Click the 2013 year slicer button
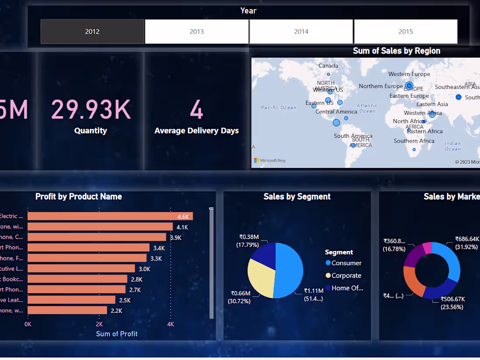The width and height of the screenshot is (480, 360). (197, 31)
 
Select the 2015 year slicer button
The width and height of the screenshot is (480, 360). (405, 31)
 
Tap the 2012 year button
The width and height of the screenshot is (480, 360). (93, 31)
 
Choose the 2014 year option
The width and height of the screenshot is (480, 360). (301, 31)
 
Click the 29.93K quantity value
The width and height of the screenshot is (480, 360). (91, 110)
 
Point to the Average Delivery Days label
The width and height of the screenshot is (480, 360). (196, 130)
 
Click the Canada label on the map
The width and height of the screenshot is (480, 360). (328, 65)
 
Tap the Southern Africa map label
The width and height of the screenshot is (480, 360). (414, 141)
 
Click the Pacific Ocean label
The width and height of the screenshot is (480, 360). (278, 107)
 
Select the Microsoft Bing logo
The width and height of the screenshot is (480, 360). (270, 160)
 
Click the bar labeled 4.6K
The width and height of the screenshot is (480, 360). (110, 216)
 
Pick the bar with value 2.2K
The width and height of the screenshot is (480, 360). (67, 310)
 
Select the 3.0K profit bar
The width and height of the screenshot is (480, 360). (81, 268)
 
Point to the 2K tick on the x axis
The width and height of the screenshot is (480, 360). (99, 324)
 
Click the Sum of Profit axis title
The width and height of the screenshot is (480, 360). (117, 334)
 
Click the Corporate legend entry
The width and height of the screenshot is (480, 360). (346, 275)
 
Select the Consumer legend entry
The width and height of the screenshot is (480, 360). (346, 263)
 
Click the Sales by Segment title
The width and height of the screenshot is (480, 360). (297, 196)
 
